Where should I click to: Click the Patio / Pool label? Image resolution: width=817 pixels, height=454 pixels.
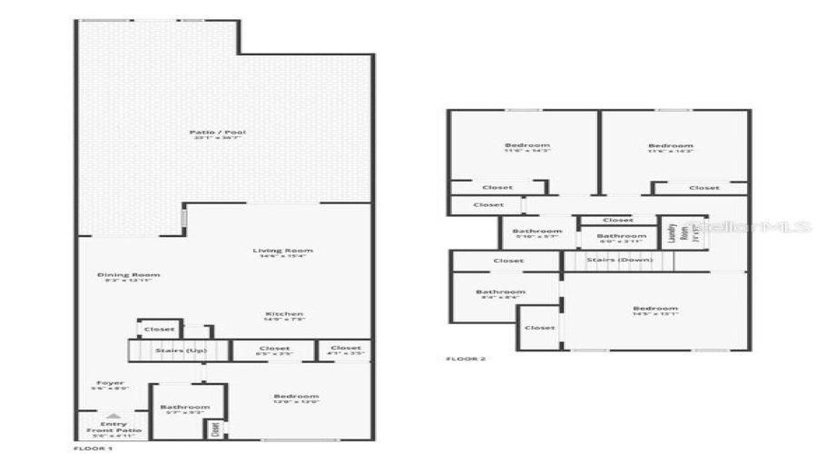point(217,133)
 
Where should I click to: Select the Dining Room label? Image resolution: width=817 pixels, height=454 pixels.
point(129,275)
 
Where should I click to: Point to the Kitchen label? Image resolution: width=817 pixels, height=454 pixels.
point(284,314)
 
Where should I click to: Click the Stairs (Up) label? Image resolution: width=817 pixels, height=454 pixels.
point(180,350)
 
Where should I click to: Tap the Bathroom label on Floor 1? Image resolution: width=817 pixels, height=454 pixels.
point(184,407)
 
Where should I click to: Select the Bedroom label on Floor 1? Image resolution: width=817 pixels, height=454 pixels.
point(296,397)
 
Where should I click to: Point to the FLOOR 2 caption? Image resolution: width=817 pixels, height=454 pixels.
point(466,359)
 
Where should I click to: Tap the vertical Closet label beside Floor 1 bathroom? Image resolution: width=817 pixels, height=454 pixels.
point(215,428)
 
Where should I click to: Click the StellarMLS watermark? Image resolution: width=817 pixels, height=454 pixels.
point(748,227)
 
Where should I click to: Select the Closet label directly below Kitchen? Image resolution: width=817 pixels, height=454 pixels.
point(274,349)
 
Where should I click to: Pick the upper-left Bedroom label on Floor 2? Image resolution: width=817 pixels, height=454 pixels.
point(527,145)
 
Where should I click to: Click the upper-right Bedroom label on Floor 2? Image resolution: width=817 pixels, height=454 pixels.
point(670,145)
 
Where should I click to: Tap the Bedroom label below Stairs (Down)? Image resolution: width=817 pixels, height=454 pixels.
point(655,309)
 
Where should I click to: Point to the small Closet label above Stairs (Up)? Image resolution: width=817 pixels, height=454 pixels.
point(159,330)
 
